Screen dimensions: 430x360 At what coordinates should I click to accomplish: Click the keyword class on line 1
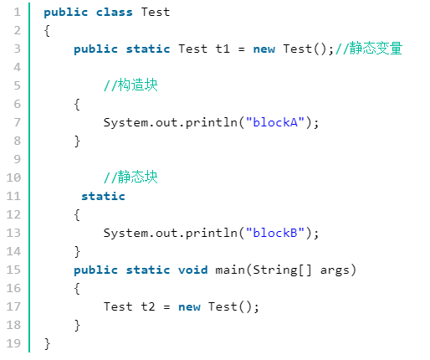point(115,12)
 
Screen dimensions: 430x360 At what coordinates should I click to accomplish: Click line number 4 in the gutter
point(18,67)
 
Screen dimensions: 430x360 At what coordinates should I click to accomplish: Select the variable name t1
point(223,49)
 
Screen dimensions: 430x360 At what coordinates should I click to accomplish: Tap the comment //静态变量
point(369,49)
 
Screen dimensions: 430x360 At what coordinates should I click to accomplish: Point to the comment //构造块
point(131,85)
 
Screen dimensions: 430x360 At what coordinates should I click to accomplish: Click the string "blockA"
point(275,122)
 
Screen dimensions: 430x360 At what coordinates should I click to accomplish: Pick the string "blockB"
point(275,233)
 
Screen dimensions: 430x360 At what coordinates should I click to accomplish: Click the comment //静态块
point(131,177)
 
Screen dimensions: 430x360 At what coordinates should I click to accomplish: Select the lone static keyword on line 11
point(103,196)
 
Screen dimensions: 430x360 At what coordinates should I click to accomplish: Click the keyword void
point(193,270)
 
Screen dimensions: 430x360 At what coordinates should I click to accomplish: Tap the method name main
point(230,270)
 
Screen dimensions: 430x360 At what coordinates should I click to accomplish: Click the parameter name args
point(335,270)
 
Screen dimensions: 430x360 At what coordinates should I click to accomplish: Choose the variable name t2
point(148,306)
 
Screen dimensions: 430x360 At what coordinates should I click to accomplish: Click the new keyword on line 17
point(189,307)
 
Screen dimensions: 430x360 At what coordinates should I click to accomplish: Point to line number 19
point(13,343)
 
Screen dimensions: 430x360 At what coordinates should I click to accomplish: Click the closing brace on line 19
point(47,344)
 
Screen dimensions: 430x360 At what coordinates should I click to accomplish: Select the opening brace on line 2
point(47,31)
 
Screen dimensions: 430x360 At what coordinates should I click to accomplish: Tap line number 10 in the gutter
point(13,177)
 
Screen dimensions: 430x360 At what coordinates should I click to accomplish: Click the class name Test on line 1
point(156,12)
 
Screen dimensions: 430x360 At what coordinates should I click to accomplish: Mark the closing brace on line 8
point(77,141)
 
